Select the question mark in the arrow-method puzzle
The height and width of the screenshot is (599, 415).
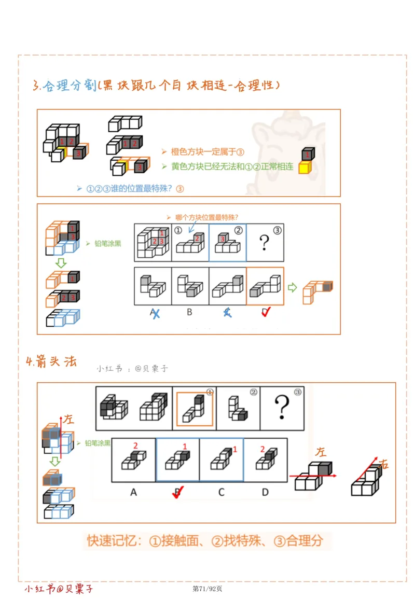tap(282, 408)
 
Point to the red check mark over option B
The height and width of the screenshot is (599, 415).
tap(178, 493)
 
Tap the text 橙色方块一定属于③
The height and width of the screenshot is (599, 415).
tap(207, 151)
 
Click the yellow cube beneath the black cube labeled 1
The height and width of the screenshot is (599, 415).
tap(305, 168)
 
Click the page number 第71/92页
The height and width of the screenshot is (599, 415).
tap(208, 588)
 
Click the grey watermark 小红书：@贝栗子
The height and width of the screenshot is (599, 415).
tap(132, 369)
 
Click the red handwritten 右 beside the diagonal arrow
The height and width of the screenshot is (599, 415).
tap(383, 464)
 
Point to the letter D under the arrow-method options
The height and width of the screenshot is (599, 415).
tap(265, 492)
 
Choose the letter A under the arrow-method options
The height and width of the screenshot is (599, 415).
tap(133, 492)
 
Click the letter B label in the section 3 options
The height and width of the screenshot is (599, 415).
tap(189, 312)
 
